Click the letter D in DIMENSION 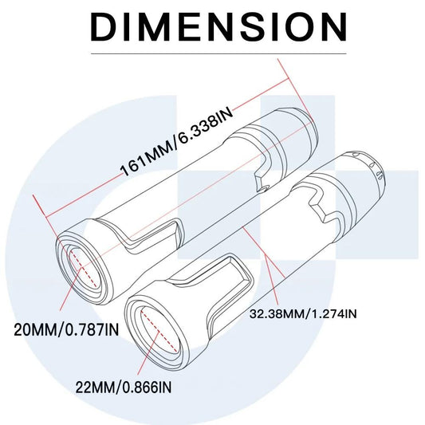pyautogui.click(x=107, y=27)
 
